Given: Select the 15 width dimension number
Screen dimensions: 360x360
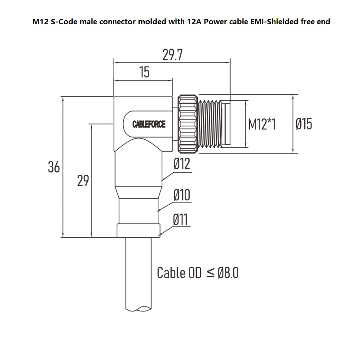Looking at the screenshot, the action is click(144, 72).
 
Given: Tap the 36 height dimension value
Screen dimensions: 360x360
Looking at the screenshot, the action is click(54, 167).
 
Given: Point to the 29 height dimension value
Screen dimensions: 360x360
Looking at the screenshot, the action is click(83, 181).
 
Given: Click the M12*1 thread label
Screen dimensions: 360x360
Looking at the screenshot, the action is click(262, 124).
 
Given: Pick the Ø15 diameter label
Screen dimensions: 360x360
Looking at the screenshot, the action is click(304, 124).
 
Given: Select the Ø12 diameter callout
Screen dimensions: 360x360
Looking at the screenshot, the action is click(182, 164).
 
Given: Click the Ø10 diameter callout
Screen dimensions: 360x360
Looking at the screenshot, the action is click(182, 195).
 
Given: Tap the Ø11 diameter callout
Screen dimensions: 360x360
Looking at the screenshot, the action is click(181, 220).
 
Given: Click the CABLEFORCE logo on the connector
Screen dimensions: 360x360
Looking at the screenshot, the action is click(149, 124).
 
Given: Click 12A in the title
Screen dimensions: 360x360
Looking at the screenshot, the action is click(193, 21).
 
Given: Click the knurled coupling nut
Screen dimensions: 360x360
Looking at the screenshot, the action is click(186, 122).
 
